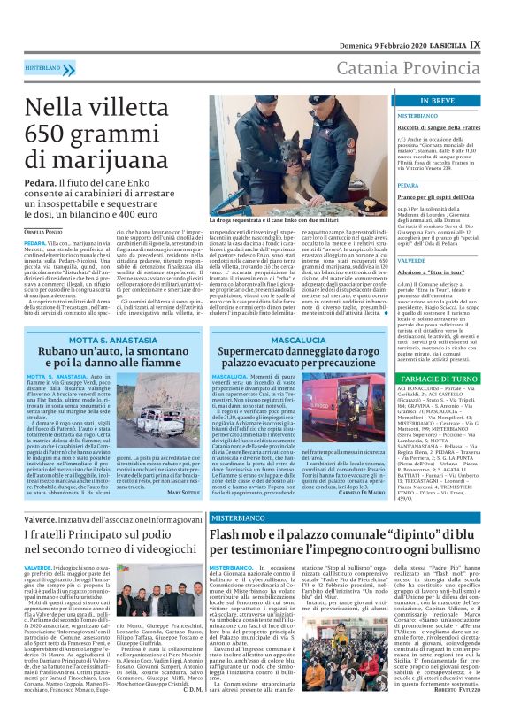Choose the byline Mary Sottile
[x=183, y=492]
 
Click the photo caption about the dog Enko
[x=286, y=218]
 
